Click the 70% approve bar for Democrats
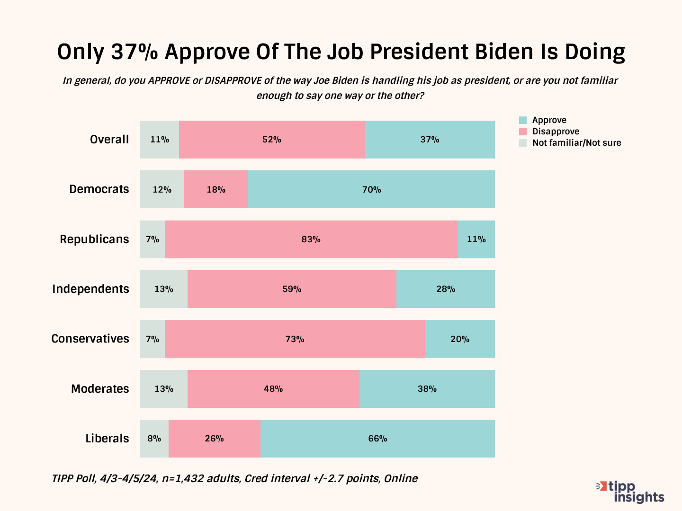click(x=371, y=189)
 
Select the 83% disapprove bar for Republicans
click(x=311, y=239)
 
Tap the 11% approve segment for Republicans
click(x=476, y=239)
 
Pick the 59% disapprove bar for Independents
click(x=292, y=289)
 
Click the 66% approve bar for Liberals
click(x=377, y=439)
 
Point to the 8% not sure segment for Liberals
click(x=154, y=439)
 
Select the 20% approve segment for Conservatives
click(x=460, y=339)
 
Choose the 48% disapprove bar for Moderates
click(x=273, y=389)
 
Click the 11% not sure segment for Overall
click(x=160, y=140)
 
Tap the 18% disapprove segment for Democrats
click(x=216, y=189)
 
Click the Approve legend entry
click(x=549, y=120)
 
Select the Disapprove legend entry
click(x=556, y=132)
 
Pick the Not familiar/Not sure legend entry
click(x=576, y=143)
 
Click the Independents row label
click(x=90, y=289)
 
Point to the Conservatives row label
click(x=90, y=339)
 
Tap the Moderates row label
click(x=100, y=389)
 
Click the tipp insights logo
click(x=631, y=492)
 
